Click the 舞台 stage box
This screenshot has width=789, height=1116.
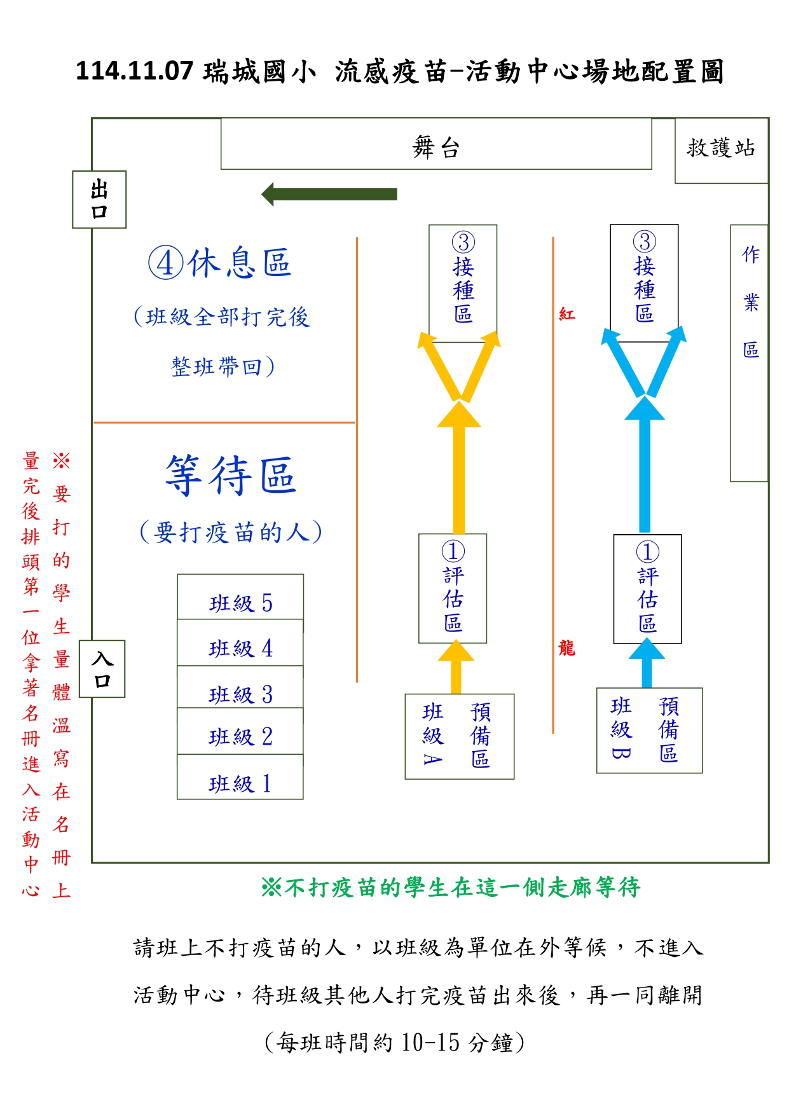click(x=436, y=144)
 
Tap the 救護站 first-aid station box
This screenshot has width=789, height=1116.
click(x=721, y=151)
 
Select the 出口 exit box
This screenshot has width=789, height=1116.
click(x=99, y=199)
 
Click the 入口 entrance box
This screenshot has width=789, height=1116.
click(x=102, y=669)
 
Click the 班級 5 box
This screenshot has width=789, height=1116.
click(x=240, y=598)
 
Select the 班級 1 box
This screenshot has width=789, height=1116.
click(x=240, y=778)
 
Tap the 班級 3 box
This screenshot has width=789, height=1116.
click(x=240, y=688)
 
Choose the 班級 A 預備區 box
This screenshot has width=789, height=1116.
click(x=459, y=736)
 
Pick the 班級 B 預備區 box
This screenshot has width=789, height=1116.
click(x=649, y=731)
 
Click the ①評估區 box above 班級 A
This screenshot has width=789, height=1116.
click(x=453, y=588)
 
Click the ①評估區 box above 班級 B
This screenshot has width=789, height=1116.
click(x=647, y=589)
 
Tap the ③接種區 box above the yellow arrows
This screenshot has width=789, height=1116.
click(x=463, y=283)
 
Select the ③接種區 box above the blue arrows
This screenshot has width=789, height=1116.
click(x=644, y=283)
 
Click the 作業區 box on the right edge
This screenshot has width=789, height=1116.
click(x=750, y=353)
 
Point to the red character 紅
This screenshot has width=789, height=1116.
click(x=566, y=314)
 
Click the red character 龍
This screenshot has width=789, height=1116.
click(x=566, y=649)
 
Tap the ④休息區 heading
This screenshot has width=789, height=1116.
click(x=220, y=263)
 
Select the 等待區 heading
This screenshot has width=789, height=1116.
click(x=231, y=475)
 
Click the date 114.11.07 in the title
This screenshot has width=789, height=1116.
click(x=134, y=71)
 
